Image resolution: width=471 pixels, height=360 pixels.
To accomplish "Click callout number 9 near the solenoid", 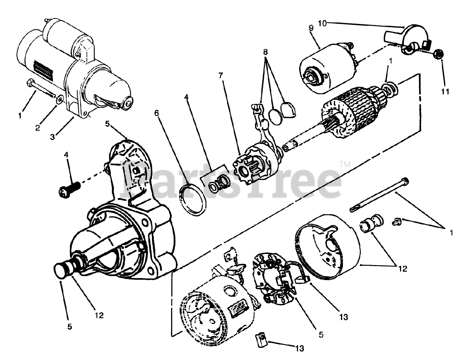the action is [x=311, y=28].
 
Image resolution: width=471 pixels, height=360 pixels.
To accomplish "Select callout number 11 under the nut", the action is [x=445, y=91].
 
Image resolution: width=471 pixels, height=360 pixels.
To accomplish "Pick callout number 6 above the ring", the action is [x=157, y=113].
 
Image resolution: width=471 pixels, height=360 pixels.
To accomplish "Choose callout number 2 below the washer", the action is [x=38, y=128].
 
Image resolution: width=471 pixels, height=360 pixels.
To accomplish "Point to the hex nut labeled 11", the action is [x=439, y=54].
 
